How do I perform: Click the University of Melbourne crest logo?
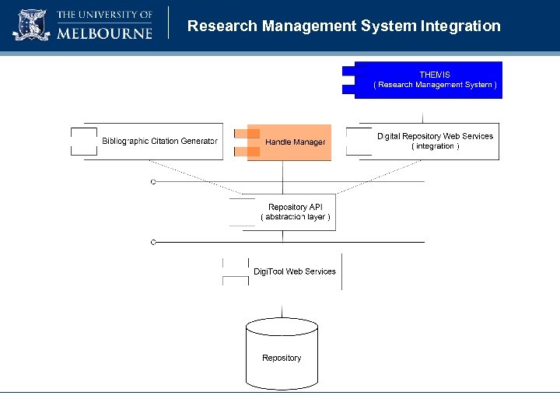pyautogui.click(x=30, y=25)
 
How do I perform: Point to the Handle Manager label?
pyautogui.click(x=295, y=142)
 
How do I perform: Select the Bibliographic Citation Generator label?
pyautogui.click(x=159, y=141)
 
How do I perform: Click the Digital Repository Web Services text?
pyautogui.click(x=435, y=136)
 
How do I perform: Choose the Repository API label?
pyautogui.click(x=295, y=207)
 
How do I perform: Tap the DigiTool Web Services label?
pyautogui.click(x=294, y=271)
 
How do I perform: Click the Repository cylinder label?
pyautogui.click(x=282, y=358)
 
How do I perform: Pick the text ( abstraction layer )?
pyautogui.click(x=295, y=217)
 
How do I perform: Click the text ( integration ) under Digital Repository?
pyautogui.click(x=435, y=146)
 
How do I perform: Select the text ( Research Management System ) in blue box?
pyautogui.click(x=435, y=85)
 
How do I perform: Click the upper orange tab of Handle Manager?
pyautogui.click(x=247, y=133)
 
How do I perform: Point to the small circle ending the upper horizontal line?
pyautogui.click(x=153, y=182)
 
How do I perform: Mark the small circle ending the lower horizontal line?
pyautogui.click(x=153, y=243)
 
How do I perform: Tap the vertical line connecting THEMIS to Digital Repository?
pyautogui.click(x=423, y=110)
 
